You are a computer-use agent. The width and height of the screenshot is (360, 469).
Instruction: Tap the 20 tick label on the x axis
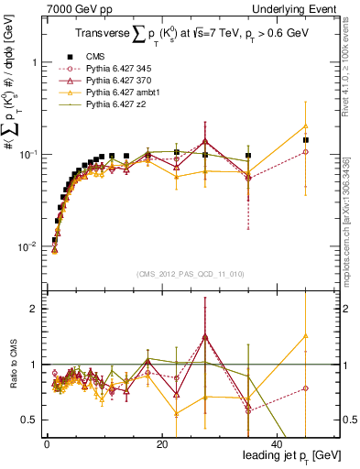click(x=162, y=443)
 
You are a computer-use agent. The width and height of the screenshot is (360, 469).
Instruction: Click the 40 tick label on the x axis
click(x=278, y=443)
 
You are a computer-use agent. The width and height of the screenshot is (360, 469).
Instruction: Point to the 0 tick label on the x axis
click(x=47, y=443)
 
